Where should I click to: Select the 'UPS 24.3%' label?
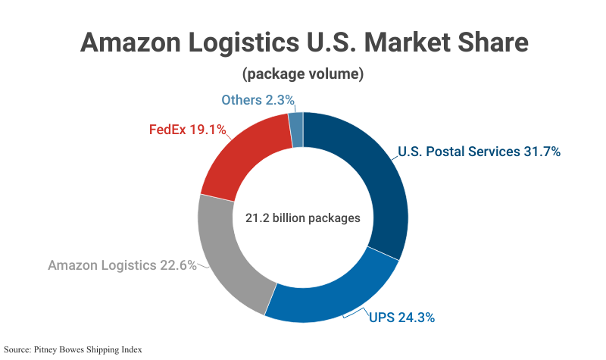(402, 318)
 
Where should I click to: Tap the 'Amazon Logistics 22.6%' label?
(122, 265)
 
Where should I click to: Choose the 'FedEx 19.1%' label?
(187, 130)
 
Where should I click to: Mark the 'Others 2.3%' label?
(258, 100)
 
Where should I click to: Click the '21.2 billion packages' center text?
(303, 218)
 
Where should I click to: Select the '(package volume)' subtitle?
(303, 74)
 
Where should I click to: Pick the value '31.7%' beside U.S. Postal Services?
(542, 152)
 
